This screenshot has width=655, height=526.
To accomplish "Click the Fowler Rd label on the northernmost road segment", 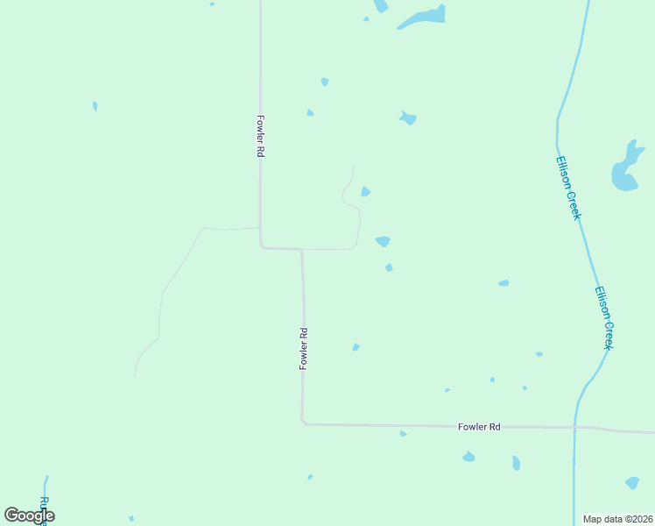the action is [260, 136].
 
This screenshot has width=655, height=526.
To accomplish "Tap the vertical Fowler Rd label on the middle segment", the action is [304, 348].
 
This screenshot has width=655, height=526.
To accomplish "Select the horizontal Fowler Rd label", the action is [479, 427].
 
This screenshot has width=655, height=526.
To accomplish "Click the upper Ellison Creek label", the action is [568, 188].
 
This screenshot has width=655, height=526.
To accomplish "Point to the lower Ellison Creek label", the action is [603, 317].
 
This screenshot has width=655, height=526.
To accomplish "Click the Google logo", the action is [29, 515].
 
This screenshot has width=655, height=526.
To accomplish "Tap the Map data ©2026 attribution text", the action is [618, 519].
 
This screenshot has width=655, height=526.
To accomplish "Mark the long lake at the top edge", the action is [423, 18].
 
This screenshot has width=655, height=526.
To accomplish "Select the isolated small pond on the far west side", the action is [95, 106].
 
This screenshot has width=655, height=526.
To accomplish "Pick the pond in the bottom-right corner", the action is [632, 482].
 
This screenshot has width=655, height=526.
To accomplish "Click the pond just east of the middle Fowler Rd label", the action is [356, 347].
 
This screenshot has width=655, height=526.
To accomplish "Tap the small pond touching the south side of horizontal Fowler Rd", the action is [403, 433].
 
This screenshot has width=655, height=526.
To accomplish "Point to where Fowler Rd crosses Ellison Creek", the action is [576, 428].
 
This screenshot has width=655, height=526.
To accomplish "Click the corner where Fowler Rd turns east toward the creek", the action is [303, 423].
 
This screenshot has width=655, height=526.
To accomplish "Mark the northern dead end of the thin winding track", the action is [354, 165].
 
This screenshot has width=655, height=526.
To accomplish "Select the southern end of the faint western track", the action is [135, 376].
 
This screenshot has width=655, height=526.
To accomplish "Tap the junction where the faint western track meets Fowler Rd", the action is [259, 228].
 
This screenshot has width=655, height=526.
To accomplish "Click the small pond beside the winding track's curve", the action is [365, 192].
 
